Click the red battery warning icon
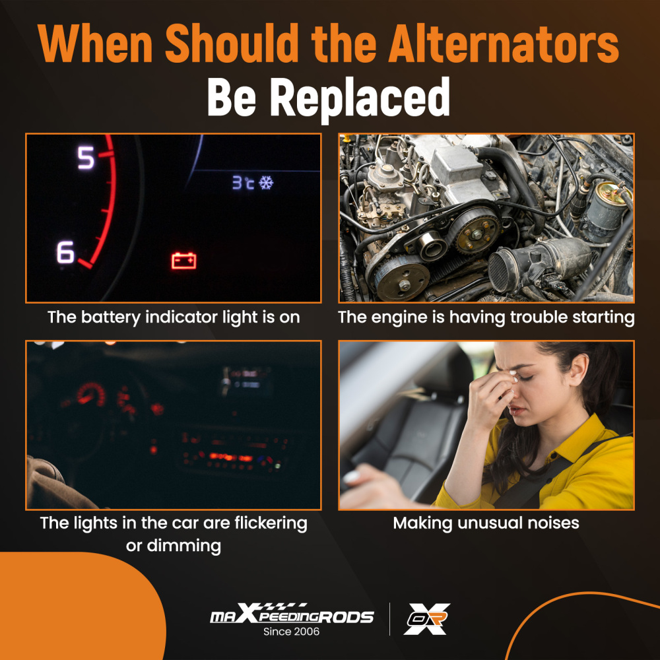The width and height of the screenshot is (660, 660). click(183, 261)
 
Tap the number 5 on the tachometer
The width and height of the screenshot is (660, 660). click(86, 158)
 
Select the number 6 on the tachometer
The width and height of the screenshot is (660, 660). click(65, 252)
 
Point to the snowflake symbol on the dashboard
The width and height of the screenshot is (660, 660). click(265, 183)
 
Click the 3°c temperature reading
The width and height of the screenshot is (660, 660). click(244, 183)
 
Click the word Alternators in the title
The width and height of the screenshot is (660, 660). click(504, 44)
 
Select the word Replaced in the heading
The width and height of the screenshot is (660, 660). click(360, 98)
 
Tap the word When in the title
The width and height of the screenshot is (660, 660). click(95, 44)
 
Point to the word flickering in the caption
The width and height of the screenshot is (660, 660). click(271, 523)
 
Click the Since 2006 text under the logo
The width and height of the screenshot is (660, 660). click(291, 632)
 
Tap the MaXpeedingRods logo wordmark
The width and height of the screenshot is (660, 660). click(292, 614)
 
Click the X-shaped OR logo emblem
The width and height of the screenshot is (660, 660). click(427, 619)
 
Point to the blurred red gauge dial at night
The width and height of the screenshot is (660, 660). click(90, 395)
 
